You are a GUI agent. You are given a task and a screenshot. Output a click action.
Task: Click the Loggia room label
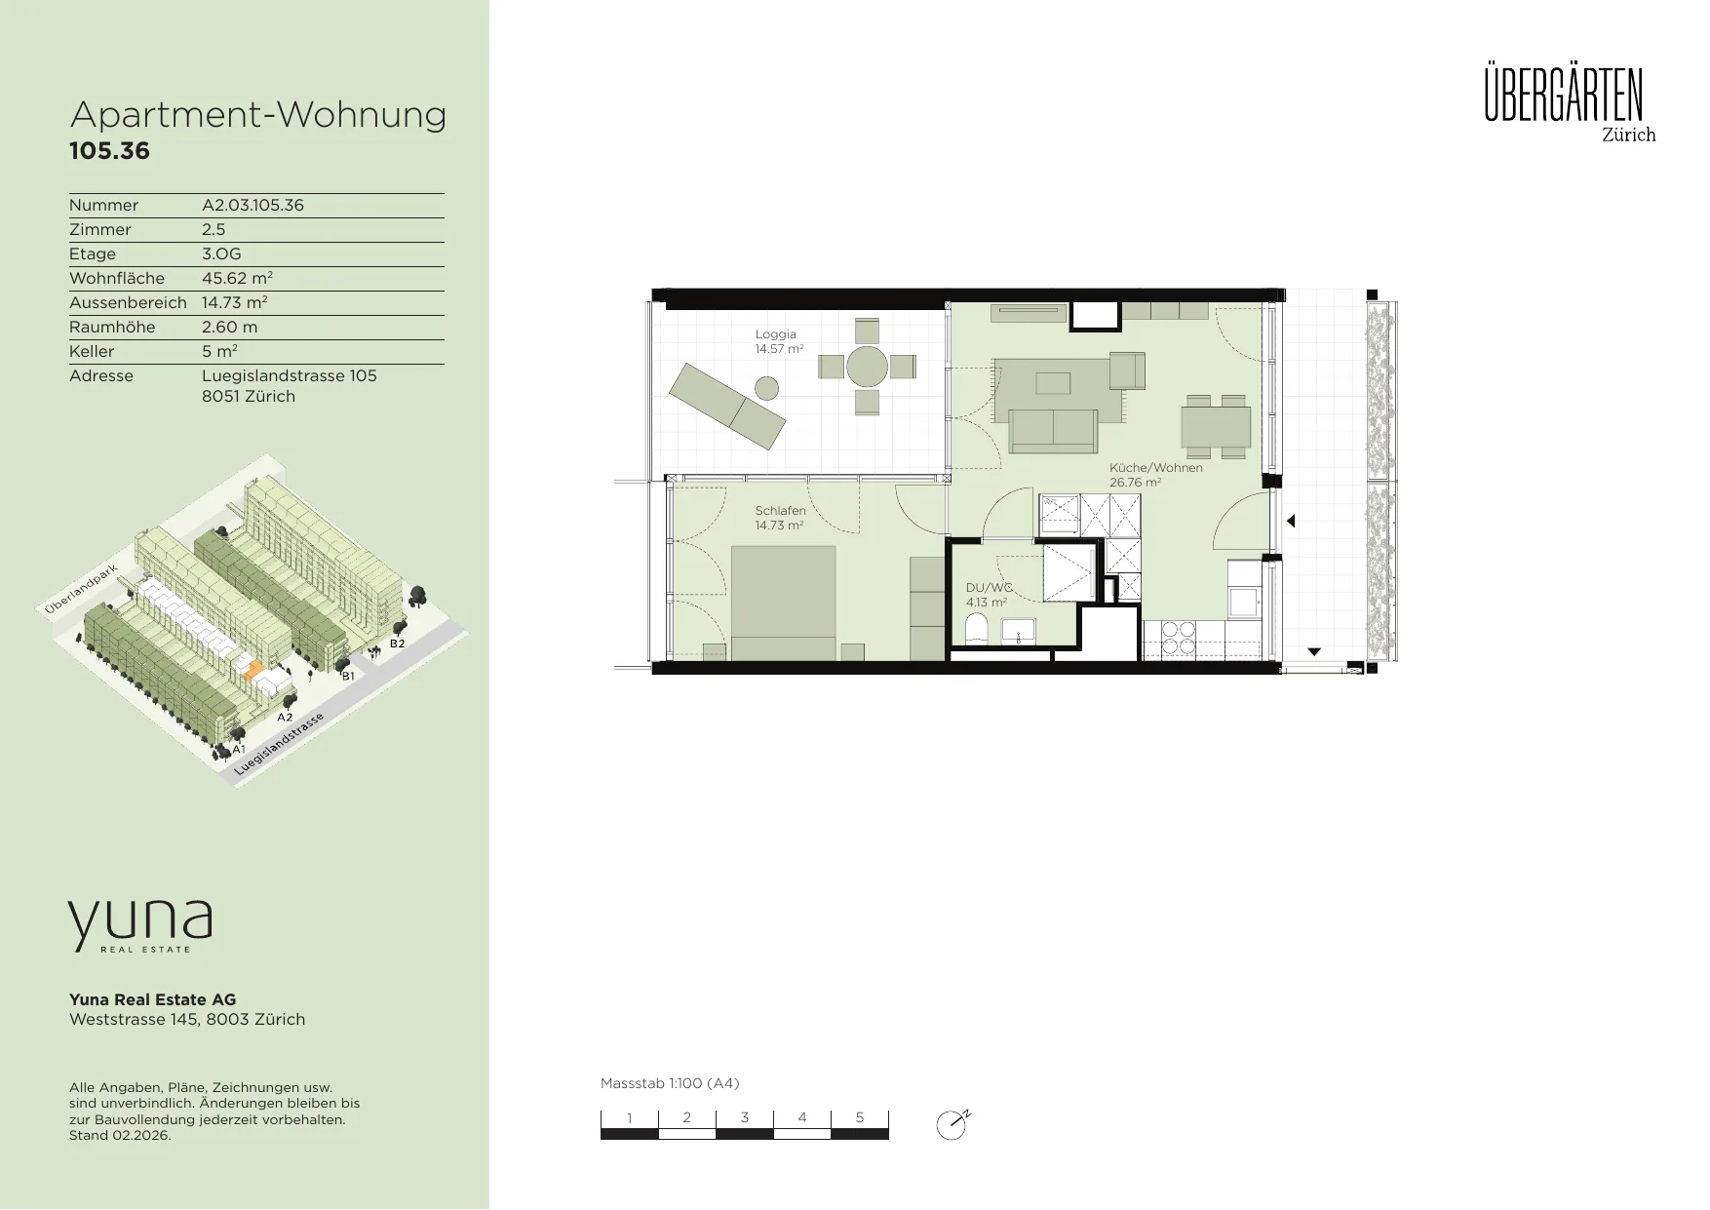(x=776, y=334)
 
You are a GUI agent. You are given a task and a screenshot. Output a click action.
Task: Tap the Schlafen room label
(x=780, y=511)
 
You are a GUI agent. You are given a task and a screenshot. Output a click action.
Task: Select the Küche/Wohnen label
(x=1156, y=468)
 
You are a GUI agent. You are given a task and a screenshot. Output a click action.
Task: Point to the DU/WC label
(x=989, y=588)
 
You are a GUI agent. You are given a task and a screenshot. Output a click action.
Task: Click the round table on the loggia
(x=867, y=367)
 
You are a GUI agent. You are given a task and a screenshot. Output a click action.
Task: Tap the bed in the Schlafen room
(x=783, y=604)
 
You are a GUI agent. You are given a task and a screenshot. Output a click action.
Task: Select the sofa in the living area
(x=1053, y=431)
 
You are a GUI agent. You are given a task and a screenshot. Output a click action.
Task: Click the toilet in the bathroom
(x=978, y=631)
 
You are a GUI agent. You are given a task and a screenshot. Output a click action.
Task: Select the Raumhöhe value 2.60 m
(x=230, y=327)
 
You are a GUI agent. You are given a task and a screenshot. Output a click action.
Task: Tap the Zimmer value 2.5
(x=214, y=229)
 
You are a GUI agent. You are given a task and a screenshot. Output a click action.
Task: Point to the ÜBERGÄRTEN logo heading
(x=1564, y=95)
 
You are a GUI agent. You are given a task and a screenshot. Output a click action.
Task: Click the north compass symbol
(x=952, y=1124)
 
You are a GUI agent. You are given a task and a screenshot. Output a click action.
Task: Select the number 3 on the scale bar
(x=745, y=1117)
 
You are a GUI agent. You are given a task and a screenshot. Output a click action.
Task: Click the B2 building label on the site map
(x=398, y=644)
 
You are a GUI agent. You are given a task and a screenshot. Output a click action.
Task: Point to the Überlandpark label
(x=80, y=589)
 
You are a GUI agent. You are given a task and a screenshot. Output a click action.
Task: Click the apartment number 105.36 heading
(x=109, y=151)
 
